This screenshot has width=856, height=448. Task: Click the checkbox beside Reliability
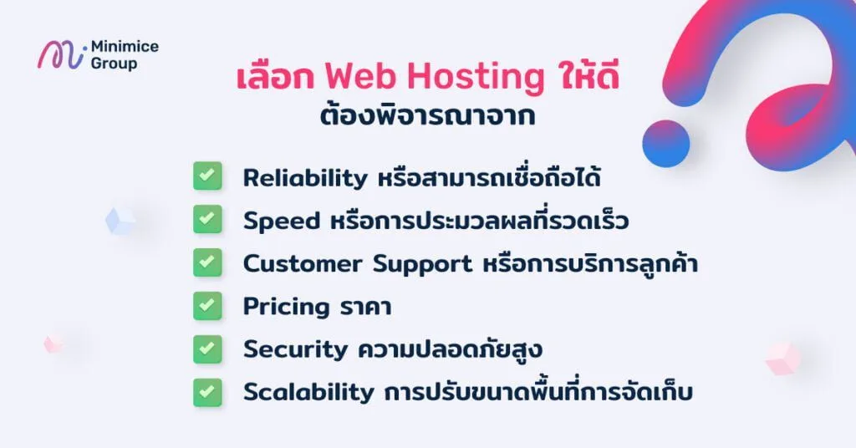click(x=206, y=176)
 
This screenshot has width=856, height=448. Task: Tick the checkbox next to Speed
click(x=206, y=220)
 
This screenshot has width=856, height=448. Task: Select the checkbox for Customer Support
click(x=206, y=262)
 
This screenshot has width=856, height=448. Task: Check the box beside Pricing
click(x=206, y=306)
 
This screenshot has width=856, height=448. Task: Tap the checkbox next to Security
click(x=206, y=349)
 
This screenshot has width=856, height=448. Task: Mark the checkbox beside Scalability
click(x=206, y=391)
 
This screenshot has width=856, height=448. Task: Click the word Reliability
click(x=305, y=178)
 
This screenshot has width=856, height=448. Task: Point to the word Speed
click(x=282, y=221)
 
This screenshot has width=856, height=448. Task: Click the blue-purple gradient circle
click(x=666, y=144)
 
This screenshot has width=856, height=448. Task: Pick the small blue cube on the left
click(x=120, y=221)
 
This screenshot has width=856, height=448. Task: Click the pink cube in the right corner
click(x=782, y=358)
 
